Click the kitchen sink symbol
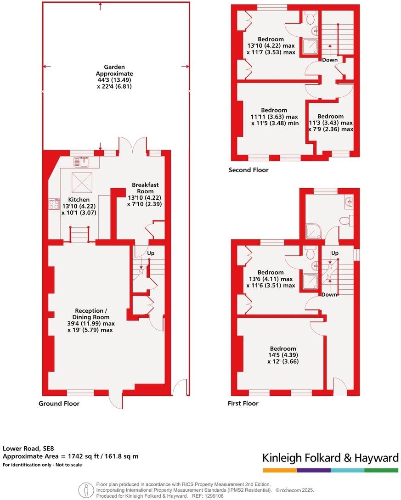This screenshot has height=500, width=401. point(83,161)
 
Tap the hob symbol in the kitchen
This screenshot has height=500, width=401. point(54,204)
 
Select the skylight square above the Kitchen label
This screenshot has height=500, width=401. point(83,182)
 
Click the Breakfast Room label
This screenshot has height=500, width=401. point(145,194)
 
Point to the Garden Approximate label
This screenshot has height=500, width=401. point(114,77)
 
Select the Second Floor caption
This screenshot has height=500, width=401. point(249,170)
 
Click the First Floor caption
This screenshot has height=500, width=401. point(243,403)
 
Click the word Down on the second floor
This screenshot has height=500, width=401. point(329,60)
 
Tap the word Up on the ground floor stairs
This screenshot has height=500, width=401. point(151,253)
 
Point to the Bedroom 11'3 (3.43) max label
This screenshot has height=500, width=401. point(330,123)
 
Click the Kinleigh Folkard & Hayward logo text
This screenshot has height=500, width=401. point(330,458)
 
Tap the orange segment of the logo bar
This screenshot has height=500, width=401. point(280,470)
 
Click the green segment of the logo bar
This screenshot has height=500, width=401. point(381,470)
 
